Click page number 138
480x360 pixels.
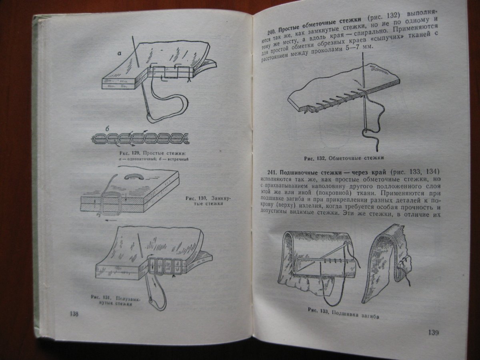click(74, 314)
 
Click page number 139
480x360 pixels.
click(434, 333)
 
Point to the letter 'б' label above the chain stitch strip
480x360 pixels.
click(107, 129)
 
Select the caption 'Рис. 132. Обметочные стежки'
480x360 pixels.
click(344, 158)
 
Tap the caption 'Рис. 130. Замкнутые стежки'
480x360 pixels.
click(208, 201)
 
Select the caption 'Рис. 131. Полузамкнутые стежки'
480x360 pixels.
click(116, 301)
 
